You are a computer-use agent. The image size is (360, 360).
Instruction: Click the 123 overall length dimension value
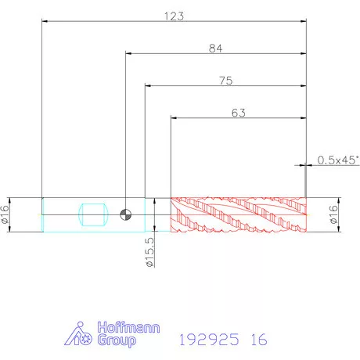[174, 16]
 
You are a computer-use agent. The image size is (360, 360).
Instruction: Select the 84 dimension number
[216, 49]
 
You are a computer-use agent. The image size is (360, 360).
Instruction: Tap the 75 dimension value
[226, 81]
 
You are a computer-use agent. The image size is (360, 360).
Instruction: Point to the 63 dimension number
[239, 113]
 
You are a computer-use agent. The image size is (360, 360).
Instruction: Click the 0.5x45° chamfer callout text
[338, 160]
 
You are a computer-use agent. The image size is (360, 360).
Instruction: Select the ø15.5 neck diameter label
[150, 252]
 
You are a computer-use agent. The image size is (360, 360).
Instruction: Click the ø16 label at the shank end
[5, 214]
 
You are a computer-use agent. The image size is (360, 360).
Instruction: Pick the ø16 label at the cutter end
[333, 214]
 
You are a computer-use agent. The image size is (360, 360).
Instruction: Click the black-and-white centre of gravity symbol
[125, 214]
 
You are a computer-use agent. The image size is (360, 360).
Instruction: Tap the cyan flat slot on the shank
[93, 214]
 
